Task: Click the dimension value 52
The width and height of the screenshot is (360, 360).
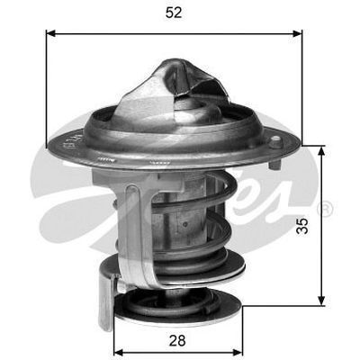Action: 174,13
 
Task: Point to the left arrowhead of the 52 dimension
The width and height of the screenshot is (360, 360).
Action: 50,33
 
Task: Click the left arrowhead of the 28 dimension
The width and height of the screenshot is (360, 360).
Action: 118,351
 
